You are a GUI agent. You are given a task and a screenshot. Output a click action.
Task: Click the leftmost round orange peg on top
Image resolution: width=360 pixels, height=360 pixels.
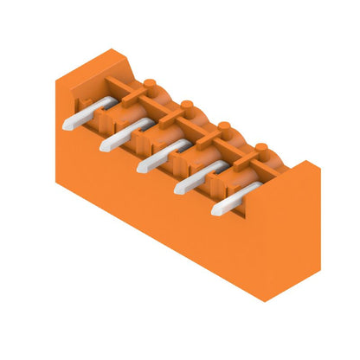(151, 85)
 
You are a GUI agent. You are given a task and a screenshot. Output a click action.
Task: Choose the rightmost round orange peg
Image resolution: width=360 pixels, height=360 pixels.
(260, 148)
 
